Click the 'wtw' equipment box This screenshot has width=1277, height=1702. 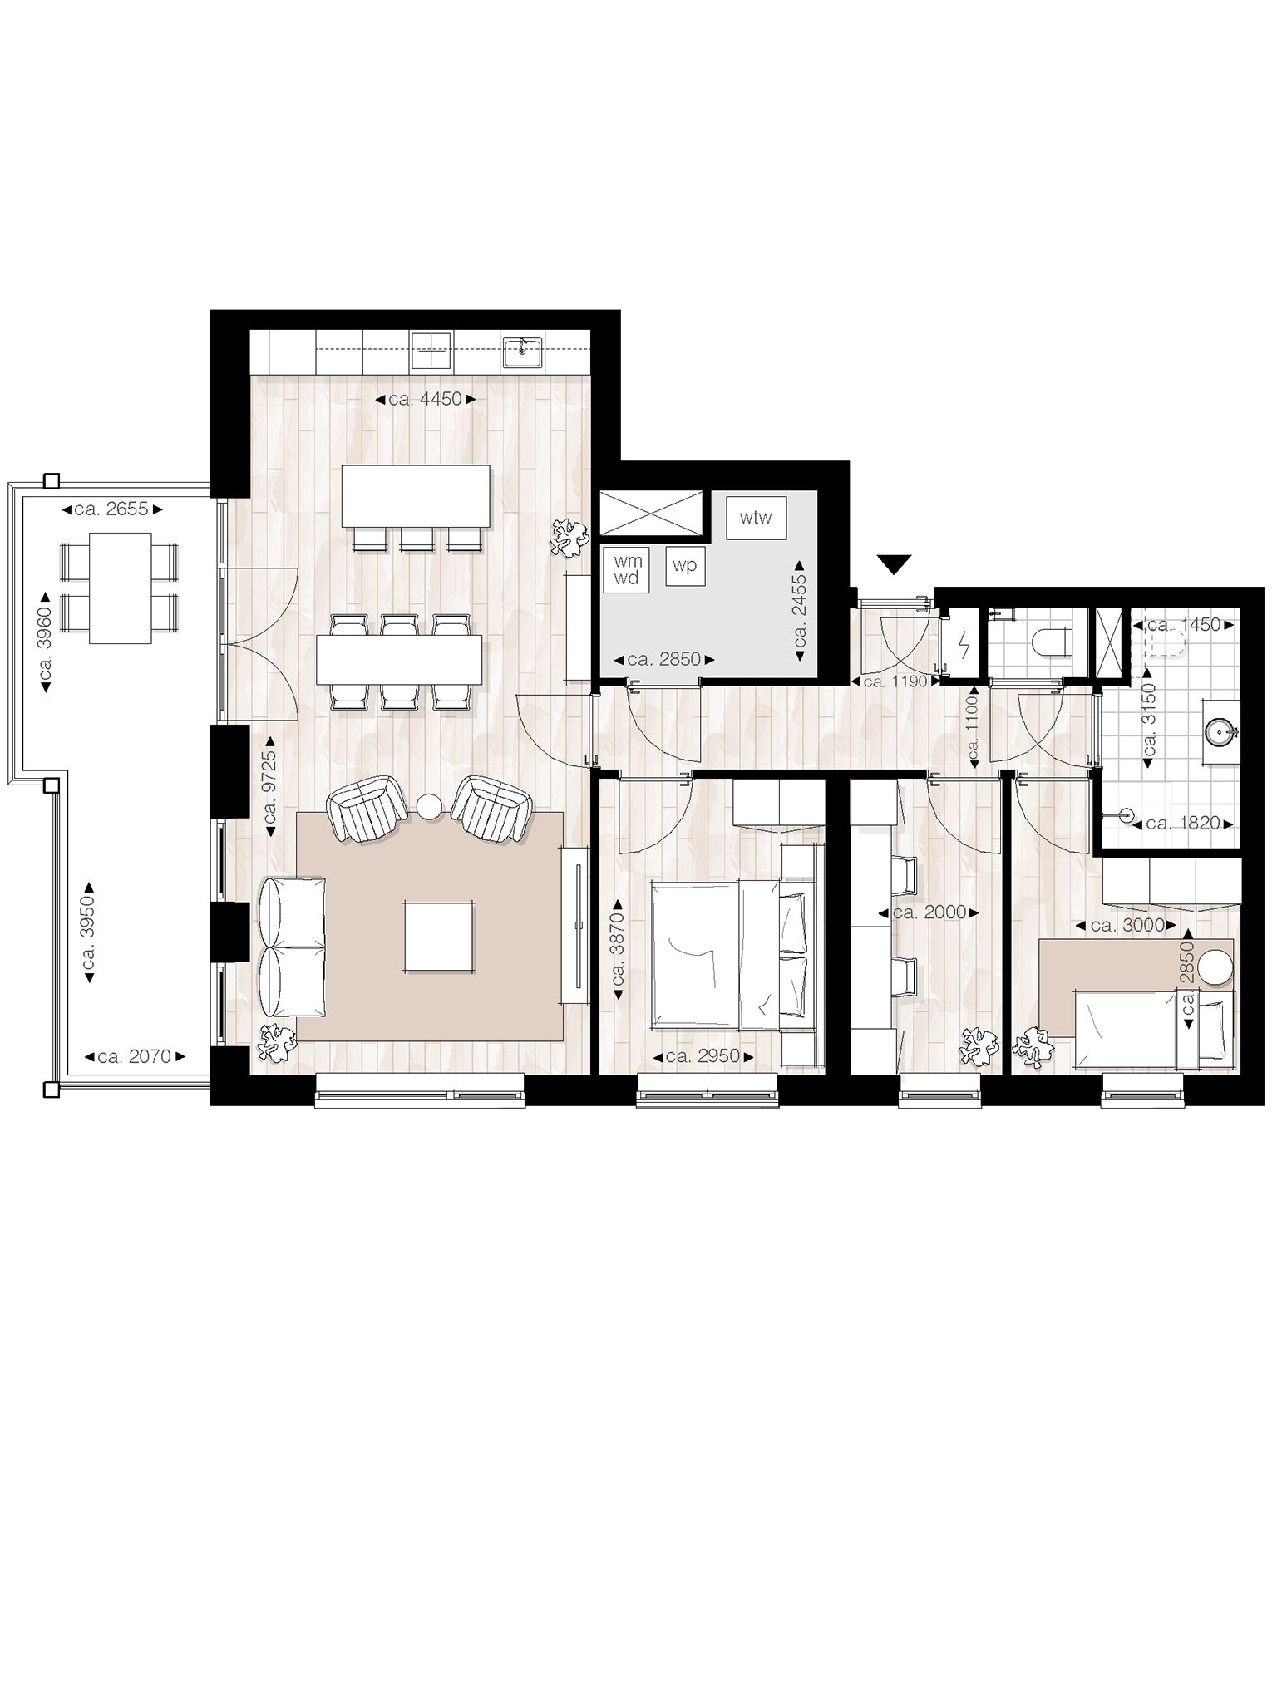tap(756, 519)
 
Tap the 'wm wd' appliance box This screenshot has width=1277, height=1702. tap(628, 570)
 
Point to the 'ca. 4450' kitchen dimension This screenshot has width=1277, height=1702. tap(424, 399)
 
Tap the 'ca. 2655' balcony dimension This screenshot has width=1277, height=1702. tap(111, 509)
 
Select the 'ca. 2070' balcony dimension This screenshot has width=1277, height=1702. tap(134, 1057)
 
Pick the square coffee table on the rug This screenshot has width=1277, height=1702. tap(440, 936)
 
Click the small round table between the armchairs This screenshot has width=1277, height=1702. tap(430, 806)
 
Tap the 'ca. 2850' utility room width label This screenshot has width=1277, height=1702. tap(663, 661)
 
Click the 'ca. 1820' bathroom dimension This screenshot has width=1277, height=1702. tap(1181, 824)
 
